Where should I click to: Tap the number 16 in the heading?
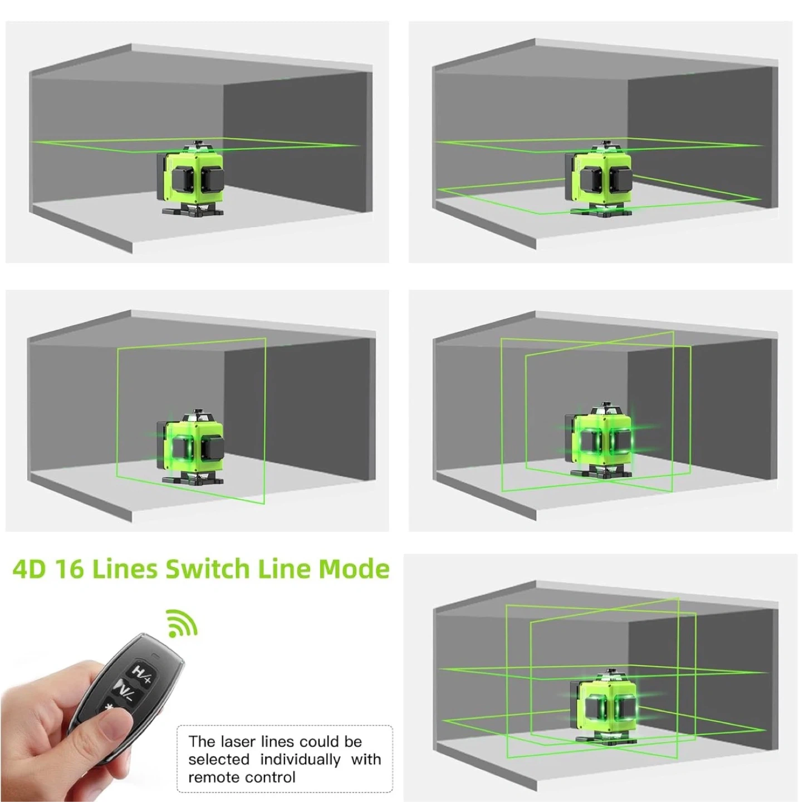(70, 569)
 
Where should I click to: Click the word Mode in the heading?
(354, 569)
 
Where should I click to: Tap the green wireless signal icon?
(182, 623)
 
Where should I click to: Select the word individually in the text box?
(300, 759)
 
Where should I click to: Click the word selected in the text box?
(218, 759)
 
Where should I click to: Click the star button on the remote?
(111, 707)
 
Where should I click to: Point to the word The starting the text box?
(202, 741)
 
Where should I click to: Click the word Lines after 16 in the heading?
(125, 569)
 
